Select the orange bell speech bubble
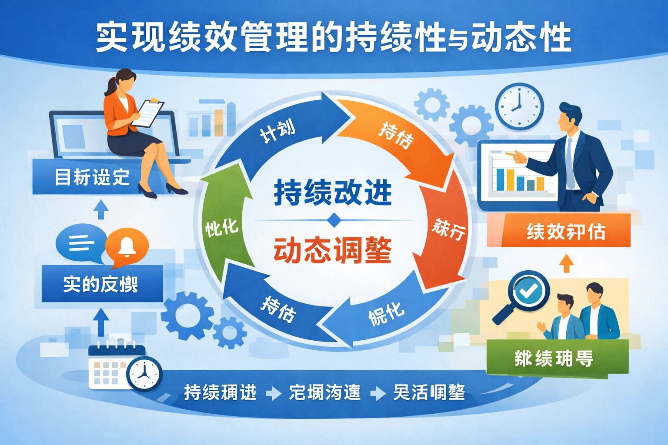tap(127, 247)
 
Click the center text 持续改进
tap(333, 193)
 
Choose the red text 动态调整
tap(333, 250)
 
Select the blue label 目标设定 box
tap(87, 177)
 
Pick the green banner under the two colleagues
tap(557, 358)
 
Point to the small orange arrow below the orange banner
tap(566, 263)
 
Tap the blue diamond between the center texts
tap(334, 221)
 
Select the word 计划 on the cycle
tap(277, 130)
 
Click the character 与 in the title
tap(458, 40)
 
